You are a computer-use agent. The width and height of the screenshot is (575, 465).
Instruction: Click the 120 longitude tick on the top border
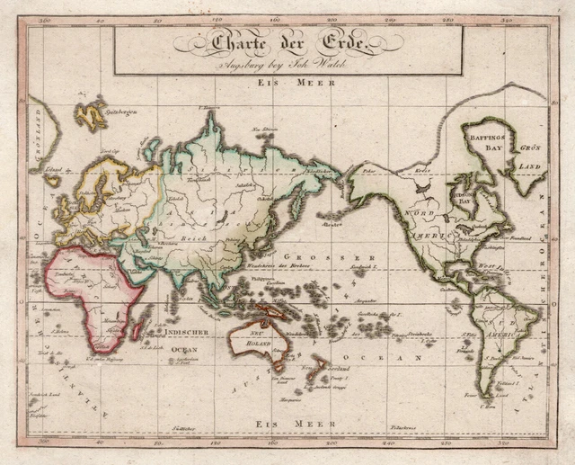pyautogui.click(x=216, y=17)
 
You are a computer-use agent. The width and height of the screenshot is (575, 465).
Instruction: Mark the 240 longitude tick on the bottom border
pyautogui.click(x=389, y=443)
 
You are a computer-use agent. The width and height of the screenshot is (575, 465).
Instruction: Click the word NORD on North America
pyautogui.click(x=421, y=213)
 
